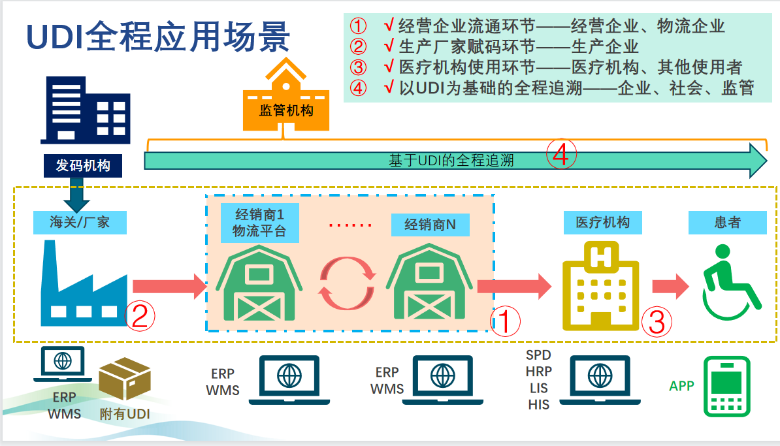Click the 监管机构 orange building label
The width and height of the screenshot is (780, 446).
tap(286, 110)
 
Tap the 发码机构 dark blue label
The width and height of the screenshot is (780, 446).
tap(83, 165)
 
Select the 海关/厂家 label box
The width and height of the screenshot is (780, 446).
tap(80, 222)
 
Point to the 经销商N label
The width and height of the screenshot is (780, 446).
tap(430, 224)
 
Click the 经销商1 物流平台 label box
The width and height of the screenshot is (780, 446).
tap(259, 222)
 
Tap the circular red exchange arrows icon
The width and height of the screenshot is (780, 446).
tap(346, 283)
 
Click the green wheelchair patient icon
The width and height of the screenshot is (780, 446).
tap(730, 278)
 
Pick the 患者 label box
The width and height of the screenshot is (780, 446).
tap(727, 222)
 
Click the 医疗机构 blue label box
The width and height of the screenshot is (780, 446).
tap(602, 222)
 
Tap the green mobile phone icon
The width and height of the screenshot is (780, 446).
tap(726, 387)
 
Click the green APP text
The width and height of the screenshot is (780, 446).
tap(681, 386)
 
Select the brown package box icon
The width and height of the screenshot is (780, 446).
tap(124, 381)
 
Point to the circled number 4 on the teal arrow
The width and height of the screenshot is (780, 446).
tap(562, 155)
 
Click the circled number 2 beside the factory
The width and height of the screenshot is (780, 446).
tap(140, 315)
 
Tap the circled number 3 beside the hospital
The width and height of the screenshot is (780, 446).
tap(656, 321)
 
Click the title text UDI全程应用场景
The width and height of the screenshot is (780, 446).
tap(157, 37)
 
